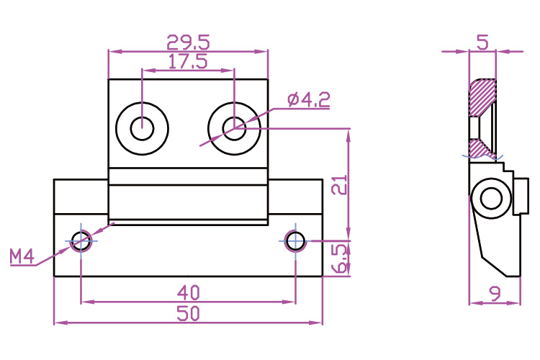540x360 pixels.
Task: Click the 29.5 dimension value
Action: click(x=188, y=42)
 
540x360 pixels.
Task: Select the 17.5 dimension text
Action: click(x=188, y=62)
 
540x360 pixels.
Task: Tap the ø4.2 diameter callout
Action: click(x=309, y=99)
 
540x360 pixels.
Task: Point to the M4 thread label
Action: click(x=22, y=256)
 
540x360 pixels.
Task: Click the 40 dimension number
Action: click(x=188, y=293)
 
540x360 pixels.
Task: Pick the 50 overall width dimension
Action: click(x=188, y=313)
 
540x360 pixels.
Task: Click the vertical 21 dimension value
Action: click(x=340, y=185)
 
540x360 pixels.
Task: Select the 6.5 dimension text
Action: click(x=340, y=258)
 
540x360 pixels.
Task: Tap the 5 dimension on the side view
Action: click(x=483, y=42)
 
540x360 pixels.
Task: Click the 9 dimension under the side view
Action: click(x=495, y=294)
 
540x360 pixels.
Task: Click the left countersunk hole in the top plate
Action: click(x=143, y=128)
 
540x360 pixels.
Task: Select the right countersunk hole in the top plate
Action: click(x=234, y=128)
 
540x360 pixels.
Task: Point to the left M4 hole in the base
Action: click(x=81, y=240)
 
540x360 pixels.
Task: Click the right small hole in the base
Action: click(x=295, y=240)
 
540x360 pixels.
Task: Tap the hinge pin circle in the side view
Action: click(x=491, y=198)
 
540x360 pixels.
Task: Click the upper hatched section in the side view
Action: click(x=482, y=97)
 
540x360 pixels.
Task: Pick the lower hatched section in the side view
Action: click(x=482, y=148)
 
